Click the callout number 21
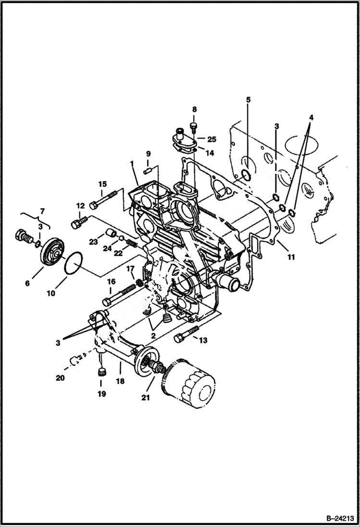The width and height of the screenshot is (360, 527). pyautogui.click(x=145, y=397)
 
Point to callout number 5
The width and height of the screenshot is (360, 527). pyautogui.click(x=248, y=100)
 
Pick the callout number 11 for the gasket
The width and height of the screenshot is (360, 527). pyautogui.click(x=291, y=257)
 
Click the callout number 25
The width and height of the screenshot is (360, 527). pyautogui.click(x=211, y=139)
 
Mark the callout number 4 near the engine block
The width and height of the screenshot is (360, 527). pyautogui.click(x=311, y=117)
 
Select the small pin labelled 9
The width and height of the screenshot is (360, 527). pyautogui.click(x=149, y=169)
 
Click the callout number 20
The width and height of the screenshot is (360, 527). pyautogui.click(x=60, y=378)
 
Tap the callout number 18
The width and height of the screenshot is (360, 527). pyautogui.click(x=120, y=380)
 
